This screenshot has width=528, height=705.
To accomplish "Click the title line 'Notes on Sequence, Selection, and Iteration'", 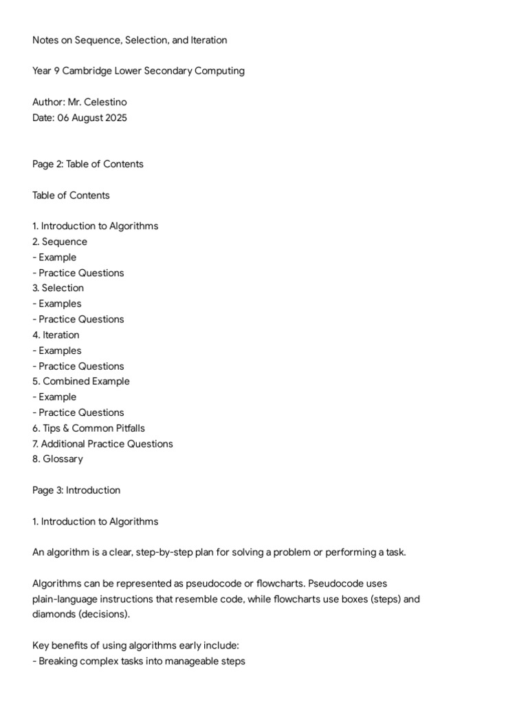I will point(129,40).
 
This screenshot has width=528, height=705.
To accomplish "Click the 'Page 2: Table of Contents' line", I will point(88,164).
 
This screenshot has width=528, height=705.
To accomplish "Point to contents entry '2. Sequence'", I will point(60,242).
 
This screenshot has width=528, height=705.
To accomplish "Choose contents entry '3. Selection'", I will point(58,288).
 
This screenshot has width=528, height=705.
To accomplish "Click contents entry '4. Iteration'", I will point(56,335).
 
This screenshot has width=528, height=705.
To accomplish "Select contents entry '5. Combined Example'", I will point(80,381).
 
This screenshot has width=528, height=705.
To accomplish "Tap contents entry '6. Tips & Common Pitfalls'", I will point(89,428).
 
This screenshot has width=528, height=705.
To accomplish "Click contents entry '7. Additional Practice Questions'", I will point(102,444).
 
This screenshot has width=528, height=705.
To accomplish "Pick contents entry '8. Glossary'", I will point(58,459).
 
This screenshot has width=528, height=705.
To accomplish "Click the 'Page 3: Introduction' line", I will point(76,490).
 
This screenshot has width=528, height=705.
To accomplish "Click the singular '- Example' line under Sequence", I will point(54,257).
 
